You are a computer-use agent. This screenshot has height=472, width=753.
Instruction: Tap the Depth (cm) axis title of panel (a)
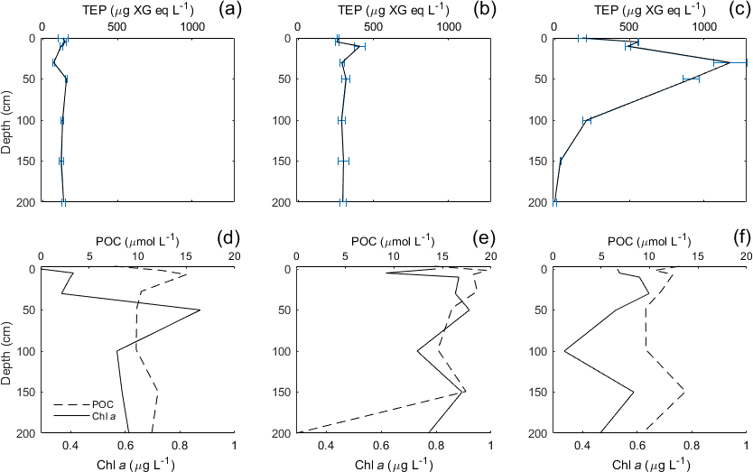pyautogui.click(x=7, y=120)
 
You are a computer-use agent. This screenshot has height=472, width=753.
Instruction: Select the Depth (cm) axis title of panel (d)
pyautogui.click(x=7, y=351)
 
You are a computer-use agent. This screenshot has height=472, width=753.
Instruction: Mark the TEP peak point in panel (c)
pyautogui.click(x=730, y=62)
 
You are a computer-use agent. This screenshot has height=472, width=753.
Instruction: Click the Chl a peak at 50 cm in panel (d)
pyautogui.click(x=200, y=310)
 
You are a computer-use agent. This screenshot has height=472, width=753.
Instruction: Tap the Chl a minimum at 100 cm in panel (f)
pyautogui.click(x=564, y=351)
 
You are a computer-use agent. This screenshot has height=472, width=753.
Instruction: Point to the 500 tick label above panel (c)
pyautogui.click(x=631, y=26)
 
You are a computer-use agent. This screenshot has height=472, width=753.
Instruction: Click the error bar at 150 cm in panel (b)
pyautogui.click(x=343, y=161)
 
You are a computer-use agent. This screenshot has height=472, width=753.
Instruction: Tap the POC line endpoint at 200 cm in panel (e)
pyautogui.click(x=297, y=432)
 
